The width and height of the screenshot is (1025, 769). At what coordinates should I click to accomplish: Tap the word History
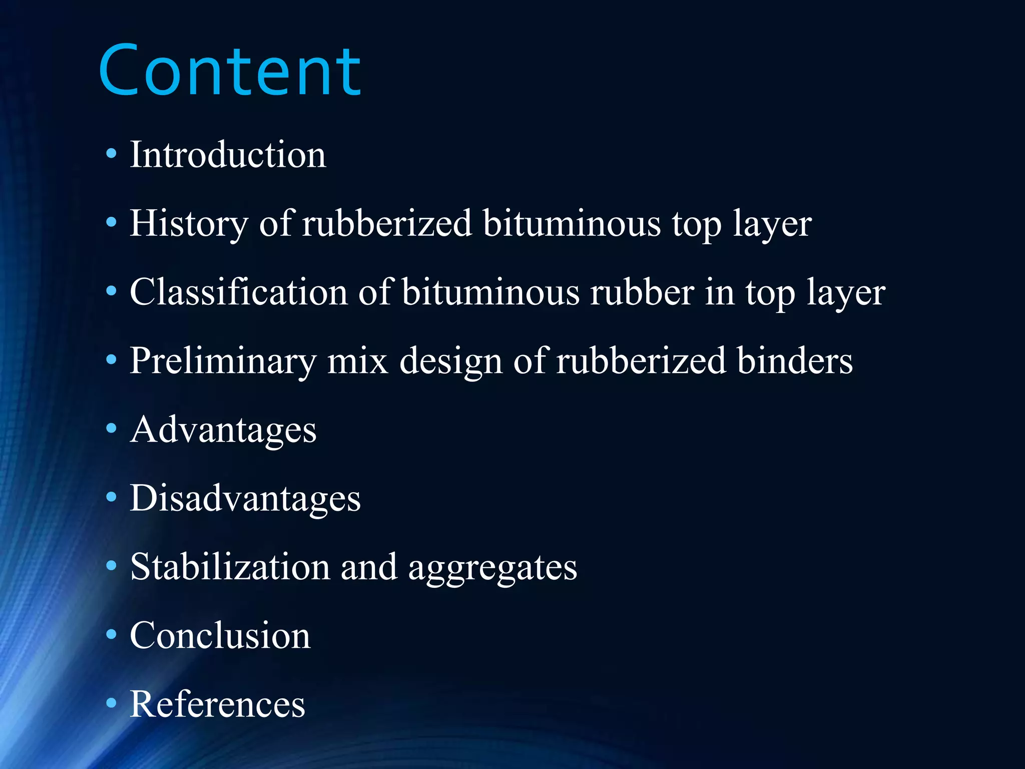[189, 223]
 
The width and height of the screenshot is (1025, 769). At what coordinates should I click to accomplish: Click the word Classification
[238, 292]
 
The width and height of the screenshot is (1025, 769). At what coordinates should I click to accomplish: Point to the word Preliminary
[223, 361]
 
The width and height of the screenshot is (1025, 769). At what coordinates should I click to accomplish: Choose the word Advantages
[223, 430]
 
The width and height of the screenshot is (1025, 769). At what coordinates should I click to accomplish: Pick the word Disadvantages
[245, 499]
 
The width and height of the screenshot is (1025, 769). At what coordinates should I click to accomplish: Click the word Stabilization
[230, 567]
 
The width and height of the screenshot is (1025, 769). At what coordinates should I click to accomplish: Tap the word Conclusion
[220, 636]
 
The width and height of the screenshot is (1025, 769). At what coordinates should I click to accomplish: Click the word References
[217, 704]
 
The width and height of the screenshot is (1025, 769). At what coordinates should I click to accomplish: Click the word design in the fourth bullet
[450, 361]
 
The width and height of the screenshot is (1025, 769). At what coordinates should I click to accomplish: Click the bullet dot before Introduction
[111, 153]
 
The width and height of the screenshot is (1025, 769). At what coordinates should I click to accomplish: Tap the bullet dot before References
[111, 703]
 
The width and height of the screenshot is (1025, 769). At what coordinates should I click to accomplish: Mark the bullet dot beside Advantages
[111, 428]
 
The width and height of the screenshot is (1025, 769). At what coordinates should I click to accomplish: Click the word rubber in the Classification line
[642, 292]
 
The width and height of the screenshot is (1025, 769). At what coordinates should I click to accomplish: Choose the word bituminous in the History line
[572, 223]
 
